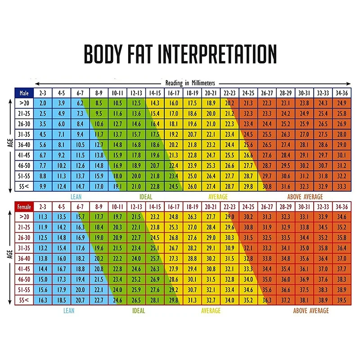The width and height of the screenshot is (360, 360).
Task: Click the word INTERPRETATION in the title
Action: [213, 54]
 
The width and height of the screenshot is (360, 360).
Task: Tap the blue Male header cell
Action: [24, 93]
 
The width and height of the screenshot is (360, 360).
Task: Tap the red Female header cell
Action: [24, 207]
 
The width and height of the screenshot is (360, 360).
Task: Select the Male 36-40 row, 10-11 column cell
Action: [117, 145]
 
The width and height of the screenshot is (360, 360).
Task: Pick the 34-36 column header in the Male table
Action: [341, 93]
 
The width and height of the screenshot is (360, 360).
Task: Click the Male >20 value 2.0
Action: [43, 103]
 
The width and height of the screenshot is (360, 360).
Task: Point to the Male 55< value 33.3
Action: [341, 186]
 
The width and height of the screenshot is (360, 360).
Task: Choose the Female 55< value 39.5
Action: [341, 300]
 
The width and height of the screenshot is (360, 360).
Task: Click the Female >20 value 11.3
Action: [43, 217]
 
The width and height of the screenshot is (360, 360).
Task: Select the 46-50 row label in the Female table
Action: [24, 279]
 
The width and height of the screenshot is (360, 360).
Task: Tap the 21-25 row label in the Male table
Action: [24, 114]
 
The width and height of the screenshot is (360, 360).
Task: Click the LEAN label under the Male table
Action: [76, 197]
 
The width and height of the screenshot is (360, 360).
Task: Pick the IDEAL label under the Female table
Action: [139, 310]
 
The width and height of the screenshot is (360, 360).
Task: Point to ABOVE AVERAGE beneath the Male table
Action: [305, 197]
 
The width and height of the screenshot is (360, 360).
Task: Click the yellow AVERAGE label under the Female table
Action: [211, 310]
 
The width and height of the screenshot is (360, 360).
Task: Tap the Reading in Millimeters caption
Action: [190, 83]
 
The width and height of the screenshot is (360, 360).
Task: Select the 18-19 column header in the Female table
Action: [192, 207]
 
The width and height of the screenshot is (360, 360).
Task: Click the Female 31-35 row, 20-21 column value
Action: [211, 248]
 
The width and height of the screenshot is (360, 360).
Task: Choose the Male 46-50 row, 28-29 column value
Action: [285, 166]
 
